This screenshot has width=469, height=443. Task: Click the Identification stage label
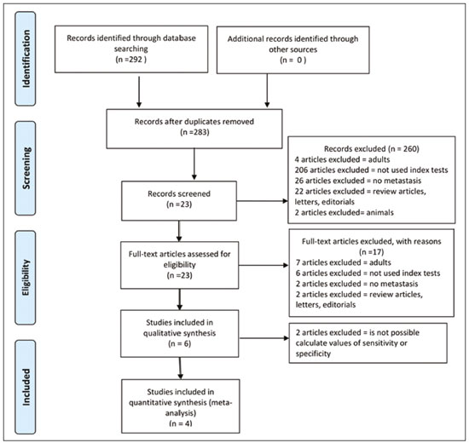click(26, 59)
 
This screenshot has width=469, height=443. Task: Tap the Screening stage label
click(26, 168)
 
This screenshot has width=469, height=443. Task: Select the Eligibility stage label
click(26, 278)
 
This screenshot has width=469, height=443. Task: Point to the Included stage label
click(26, 387)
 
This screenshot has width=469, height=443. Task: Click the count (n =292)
click(131, 59)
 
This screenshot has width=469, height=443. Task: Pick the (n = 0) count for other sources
click(292, 60)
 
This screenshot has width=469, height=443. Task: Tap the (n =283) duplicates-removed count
click(194, 132)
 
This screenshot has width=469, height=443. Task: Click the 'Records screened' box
click(179, 201)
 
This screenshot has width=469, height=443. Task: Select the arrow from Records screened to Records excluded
click(262, 201)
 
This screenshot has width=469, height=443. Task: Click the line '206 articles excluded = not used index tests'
click(371, 170)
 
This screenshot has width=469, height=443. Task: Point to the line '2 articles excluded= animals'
click(344, 212)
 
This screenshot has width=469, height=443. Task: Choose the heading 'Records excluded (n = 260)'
click(372, 148)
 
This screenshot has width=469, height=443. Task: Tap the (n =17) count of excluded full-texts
click(371, 252)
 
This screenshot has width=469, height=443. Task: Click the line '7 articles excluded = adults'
click(344, 262)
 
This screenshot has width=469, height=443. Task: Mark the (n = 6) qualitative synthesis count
click(179, 344)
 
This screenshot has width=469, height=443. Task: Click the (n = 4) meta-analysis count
click(181, 423)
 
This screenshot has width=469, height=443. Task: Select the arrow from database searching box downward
click(139, 92)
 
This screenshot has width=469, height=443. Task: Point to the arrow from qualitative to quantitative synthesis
click(180, 368)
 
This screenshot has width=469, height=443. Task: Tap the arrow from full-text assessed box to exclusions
click(263, 265)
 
